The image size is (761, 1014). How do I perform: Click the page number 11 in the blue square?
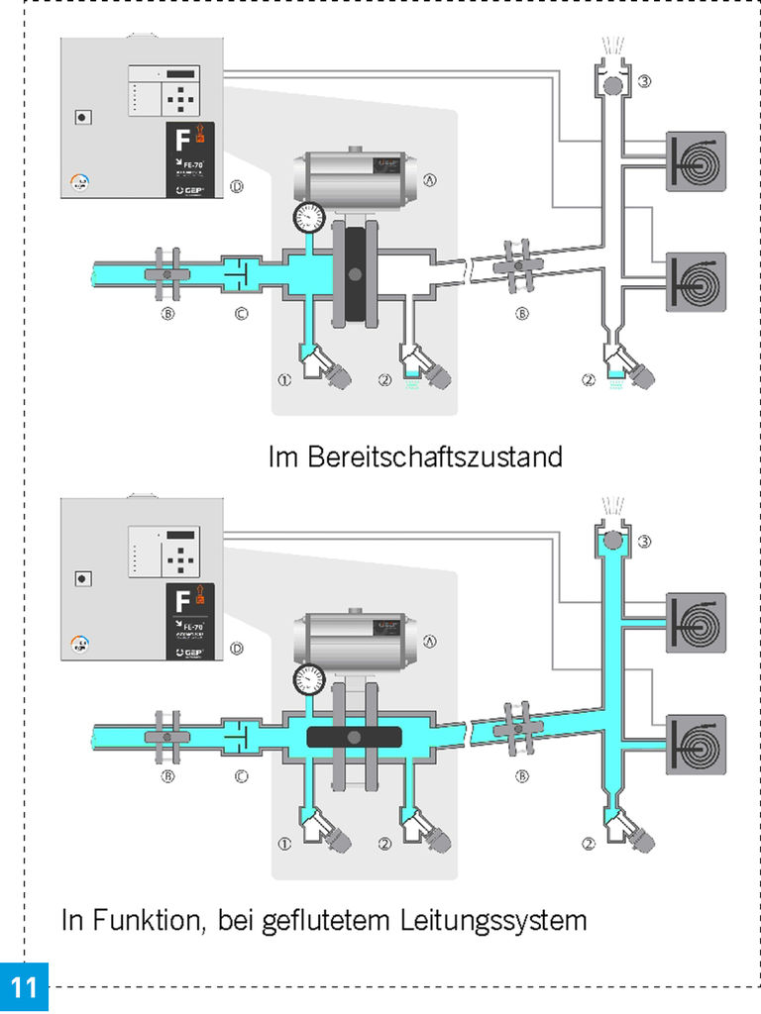click(x=24, y=987)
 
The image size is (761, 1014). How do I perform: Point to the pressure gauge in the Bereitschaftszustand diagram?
click(x=310, y=217)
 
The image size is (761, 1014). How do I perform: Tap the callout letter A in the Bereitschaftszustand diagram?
click(x=430, y=180)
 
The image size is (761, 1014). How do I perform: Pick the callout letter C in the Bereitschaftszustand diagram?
click(x=241, y=314)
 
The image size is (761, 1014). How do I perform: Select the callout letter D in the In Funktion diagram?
click(x=236, y=649)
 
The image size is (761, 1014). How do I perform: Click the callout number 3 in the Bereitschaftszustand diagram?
click(x=643, y=81)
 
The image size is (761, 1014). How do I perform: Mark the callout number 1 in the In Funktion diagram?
click(x=283, y=844)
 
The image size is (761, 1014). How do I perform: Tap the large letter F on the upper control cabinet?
click(x=181, y=142)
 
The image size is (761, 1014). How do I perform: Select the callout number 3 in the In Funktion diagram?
click(x=643, y=541)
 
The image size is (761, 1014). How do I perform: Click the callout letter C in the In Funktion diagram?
click(x=241, y=776)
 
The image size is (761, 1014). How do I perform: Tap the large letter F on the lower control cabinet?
click(x=181, y=602)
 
